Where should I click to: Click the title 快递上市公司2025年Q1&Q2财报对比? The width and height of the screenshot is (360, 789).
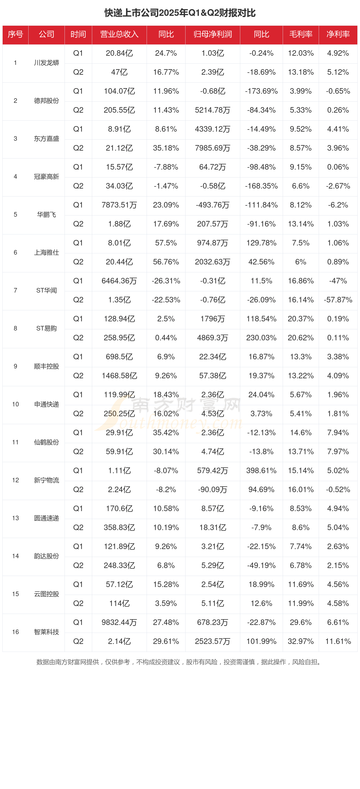point(180,13)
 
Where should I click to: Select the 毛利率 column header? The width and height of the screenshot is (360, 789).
point(301,34)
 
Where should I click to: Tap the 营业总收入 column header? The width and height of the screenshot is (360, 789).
point(119,34)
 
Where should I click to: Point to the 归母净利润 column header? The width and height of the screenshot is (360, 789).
point(212,34)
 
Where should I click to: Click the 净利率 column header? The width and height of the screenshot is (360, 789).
point(338,34)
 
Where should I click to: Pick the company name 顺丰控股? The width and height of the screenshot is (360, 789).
point(47,366)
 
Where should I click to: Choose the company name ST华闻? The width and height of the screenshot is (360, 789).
point(47,290)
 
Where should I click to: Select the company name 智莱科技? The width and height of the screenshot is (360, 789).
point(47,632)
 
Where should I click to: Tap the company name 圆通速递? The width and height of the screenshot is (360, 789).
point(47,518)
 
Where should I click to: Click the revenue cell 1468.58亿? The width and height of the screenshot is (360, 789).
point(119,376)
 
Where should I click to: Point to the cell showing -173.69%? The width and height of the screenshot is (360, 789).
point(261,91)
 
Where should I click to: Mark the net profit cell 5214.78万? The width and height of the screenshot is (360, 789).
point(212,110)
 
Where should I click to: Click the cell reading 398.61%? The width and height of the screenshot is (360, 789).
point(261,471)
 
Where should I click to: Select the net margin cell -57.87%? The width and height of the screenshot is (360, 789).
point(338,300)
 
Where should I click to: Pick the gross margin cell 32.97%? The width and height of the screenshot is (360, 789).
point(301,641)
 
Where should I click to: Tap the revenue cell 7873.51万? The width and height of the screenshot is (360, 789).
point(119,205)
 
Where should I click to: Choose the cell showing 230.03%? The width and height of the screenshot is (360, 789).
point(261,338)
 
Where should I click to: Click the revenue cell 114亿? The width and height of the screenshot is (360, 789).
point(119,603)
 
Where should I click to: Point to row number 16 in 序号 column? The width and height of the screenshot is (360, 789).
point(15,632)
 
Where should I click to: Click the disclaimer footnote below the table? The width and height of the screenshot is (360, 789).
point(180,662)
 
